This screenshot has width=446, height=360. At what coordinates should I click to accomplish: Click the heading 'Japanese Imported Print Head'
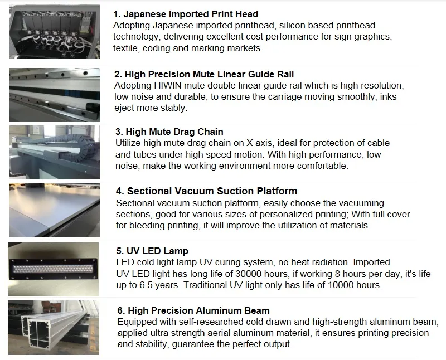coord(186,14)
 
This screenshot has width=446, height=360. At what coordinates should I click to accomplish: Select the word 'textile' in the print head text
coord(127,48)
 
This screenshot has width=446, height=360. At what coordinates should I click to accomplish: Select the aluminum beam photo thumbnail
coord(55,328)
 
